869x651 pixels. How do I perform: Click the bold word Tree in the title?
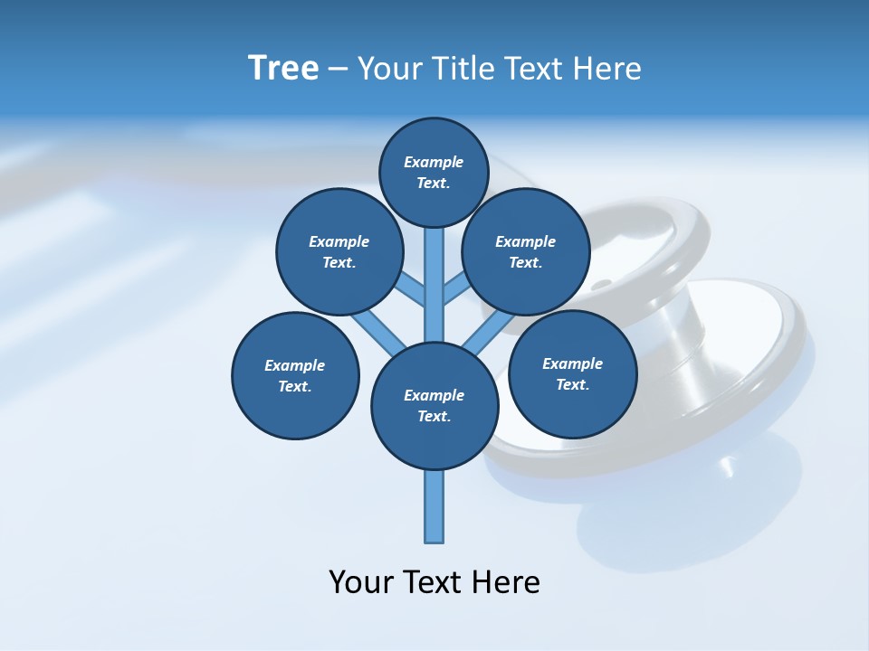tap(283, 69)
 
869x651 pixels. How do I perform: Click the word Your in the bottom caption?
tap(360, 582)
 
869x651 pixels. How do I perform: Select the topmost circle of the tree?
tap(434, 172)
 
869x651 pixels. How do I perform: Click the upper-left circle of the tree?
tap(339, 251)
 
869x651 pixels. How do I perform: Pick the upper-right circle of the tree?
tap(526, 251)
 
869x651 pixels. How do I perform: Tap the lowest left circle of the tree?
tap(295, 375)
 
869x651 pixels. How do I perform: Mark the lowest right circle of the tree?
tap(572, 373)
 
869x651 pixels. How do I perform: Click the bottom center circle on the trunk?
tap(434, 406)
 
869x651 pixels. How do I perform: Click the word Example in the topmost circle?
tap(434, 162)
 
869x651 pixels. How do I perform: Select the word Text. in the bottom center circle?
tap(434, 417)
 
